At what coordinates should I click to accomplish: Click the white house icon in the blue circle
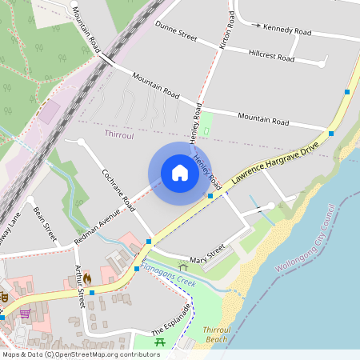(x=180, y=172)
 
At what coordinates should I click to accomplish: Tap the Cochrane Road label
(x=118, y=190)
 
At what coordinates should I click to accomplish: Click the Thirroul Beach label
(x=216, y=335)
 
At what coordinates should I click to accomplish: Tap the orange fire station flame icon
(x=87, y=278)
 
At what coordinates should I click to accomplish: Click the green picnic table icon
(x=159, y=342)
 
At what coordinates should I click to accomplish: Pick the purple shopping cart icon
(x=25, y=313)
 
